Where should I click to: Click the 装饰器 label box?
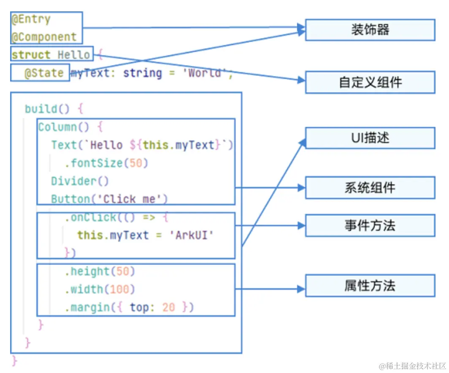[370, 30]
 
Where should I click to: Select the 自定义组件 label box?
[370, 82]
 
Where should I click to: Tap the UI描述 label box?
[370, 138]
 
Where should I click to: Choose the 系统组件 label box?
[370, 188]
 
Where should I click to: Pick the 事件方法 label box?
[370, 225]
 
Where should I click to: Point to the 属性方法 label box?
[370, 286]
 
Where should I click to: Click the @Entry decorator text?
[31, 19]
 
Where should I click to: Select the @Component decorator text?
[44, 37]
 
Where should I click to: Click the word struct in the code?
[31, 55]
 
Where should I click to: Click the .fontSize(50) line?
[106, 163]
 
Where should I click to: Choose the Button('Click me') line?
[109, 199]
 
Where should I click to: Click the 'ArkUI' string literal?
[192, 235]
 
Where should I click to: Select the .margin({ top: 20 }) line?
[129, 308]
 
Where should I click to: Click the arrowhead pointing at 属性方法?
[300, 289]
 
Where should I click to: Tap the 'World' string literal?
[205, 73]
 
